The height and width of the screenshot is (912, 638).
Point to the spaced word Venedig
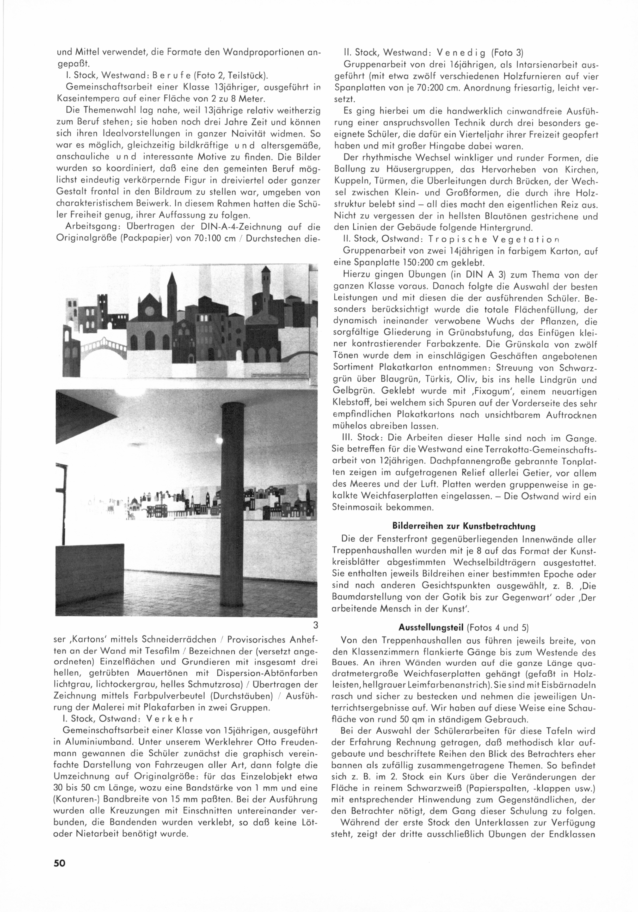(x=461, y=53)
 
